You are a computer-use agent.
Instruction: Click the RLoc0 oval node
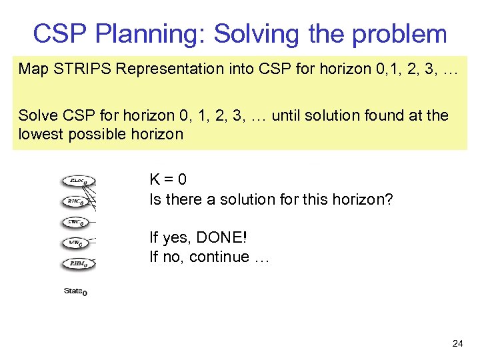coord(78,181)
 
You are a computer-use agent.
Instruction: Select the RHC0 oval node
coord(77,201)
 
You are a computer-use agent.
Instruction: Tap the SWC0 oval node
coord(77,222)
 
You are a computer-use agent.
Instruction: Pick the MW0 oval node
coord(77,243)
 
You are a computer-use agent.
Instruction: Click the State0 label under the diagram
coord(75,291)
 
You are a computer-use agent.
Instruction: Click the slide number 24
coord(457,343)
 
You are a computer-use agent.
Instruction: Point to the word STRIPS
coord(77,69)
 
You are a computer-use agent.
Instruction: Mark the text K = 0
coord(168,179)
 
